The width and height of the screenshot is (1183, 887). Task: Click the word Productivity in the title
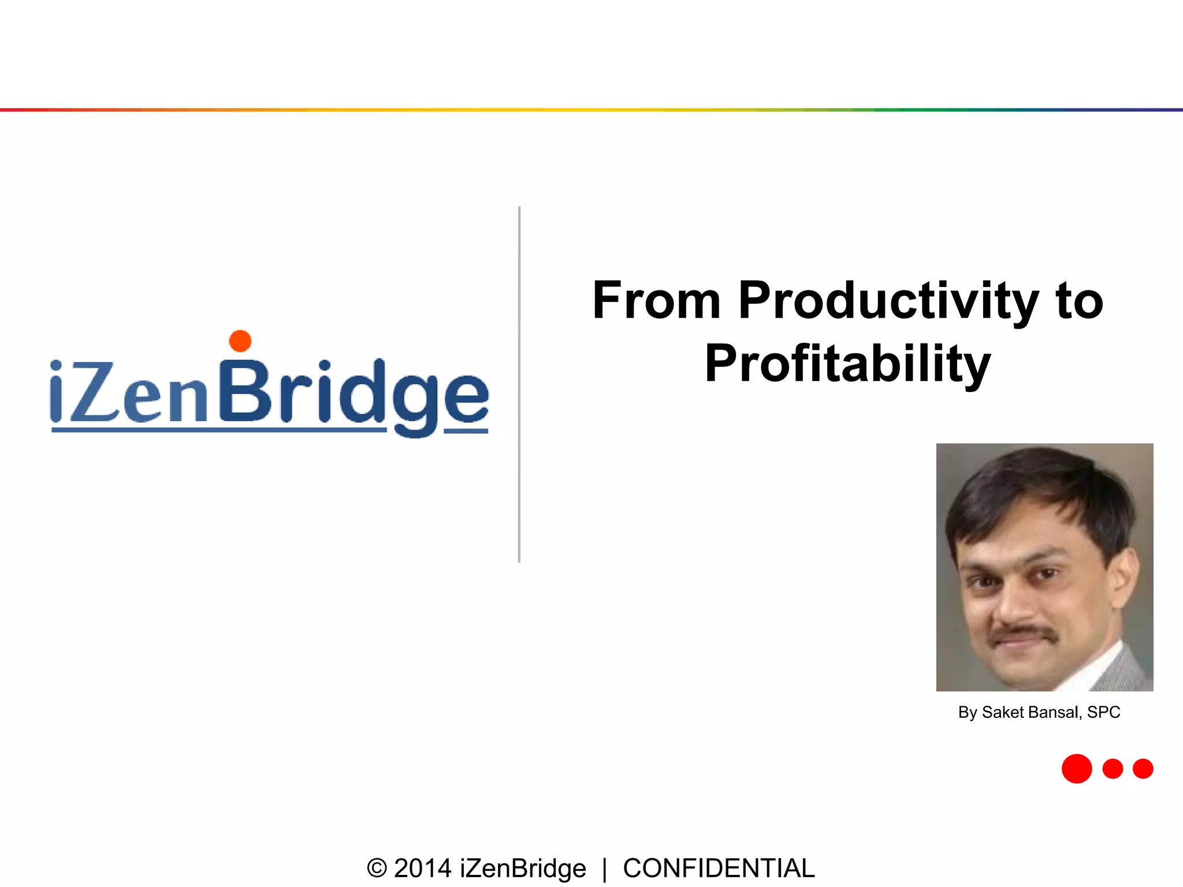coord(888,301)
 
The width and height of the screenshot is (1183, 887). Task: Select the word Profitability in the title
coord(847,364)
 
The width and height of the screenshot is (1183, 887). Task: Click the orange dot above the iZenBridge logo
coord(240,341)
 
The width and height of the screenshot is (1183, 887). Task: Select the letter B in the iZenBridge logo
coord(245,390)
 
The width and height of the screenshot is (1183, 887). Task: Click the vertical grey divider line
coord(519,384)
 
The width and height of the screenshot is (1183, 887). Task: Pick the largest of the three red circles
coord(1077,769)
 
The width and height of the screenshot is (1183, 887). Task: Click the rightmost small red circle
coord(1143,769)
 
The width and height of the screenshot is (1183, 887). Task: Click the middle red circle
coord(1113,769)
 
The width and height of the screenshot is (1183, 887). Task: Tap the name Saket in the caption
coord(1002,713)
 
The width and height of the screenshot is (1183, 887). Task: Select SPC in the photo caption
coord(1103,713)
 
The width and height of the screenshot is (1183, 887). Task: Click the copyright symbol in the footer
coord(377,869)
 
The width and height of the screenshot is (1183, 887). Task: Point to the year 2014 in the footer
coord(422,869)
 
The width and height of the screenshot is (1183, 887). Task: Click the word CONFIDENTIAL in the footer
coord(719,869)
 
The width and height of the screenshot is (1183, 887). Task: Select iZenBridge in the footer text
coord(523,869)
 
